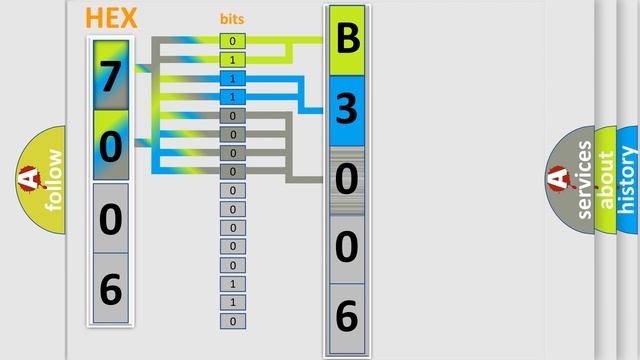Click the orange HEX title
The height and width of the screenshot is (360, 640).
click(x=112, y=18)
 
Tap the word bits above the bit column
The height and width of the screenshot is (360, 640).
click(x=232, y=19)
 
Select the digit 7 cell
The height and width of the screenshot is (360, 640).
click(x=110, y=74)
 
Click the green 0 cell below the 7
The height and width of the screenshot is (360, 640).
click(x=110, y=146)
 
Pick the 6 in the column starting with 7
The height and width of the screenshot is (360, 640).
click(x=110, y=288)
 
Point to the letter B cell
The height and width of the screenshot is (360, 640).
click(x=346, y=41)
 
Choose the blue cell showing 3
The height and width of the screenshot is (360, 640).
click(x=346, y=110)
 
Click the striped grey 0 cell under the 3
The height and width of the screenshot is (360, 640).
click(x=346, y=180)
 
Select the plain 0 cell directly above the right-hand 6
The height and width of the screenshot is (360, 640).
click(x=346, y=248)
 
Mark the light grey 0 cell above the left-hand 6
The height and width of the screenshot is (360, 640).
click(x=110, y=217)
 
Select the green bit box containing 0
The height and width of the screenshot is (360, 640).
click(x=233, y=41)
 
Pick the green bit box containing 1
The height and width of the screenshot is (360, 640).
click(x=233, y=60)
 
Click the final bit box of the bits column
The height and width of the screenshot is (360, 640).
click(x=233, y=321)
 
